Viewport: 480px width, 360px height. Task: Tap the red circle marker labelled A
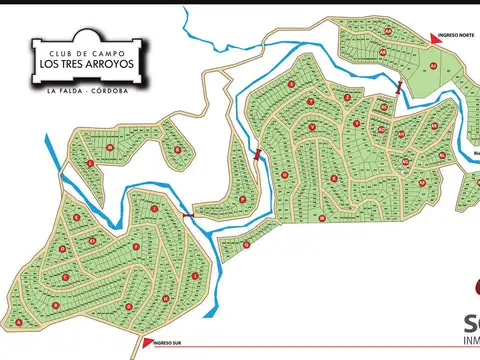click(19, 322)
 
